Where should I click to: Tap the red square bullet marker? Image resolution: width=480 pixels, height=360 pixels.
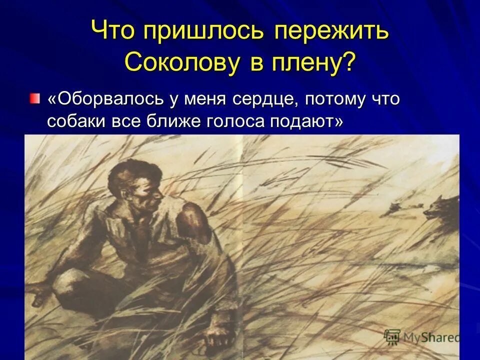click(33, 97)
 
